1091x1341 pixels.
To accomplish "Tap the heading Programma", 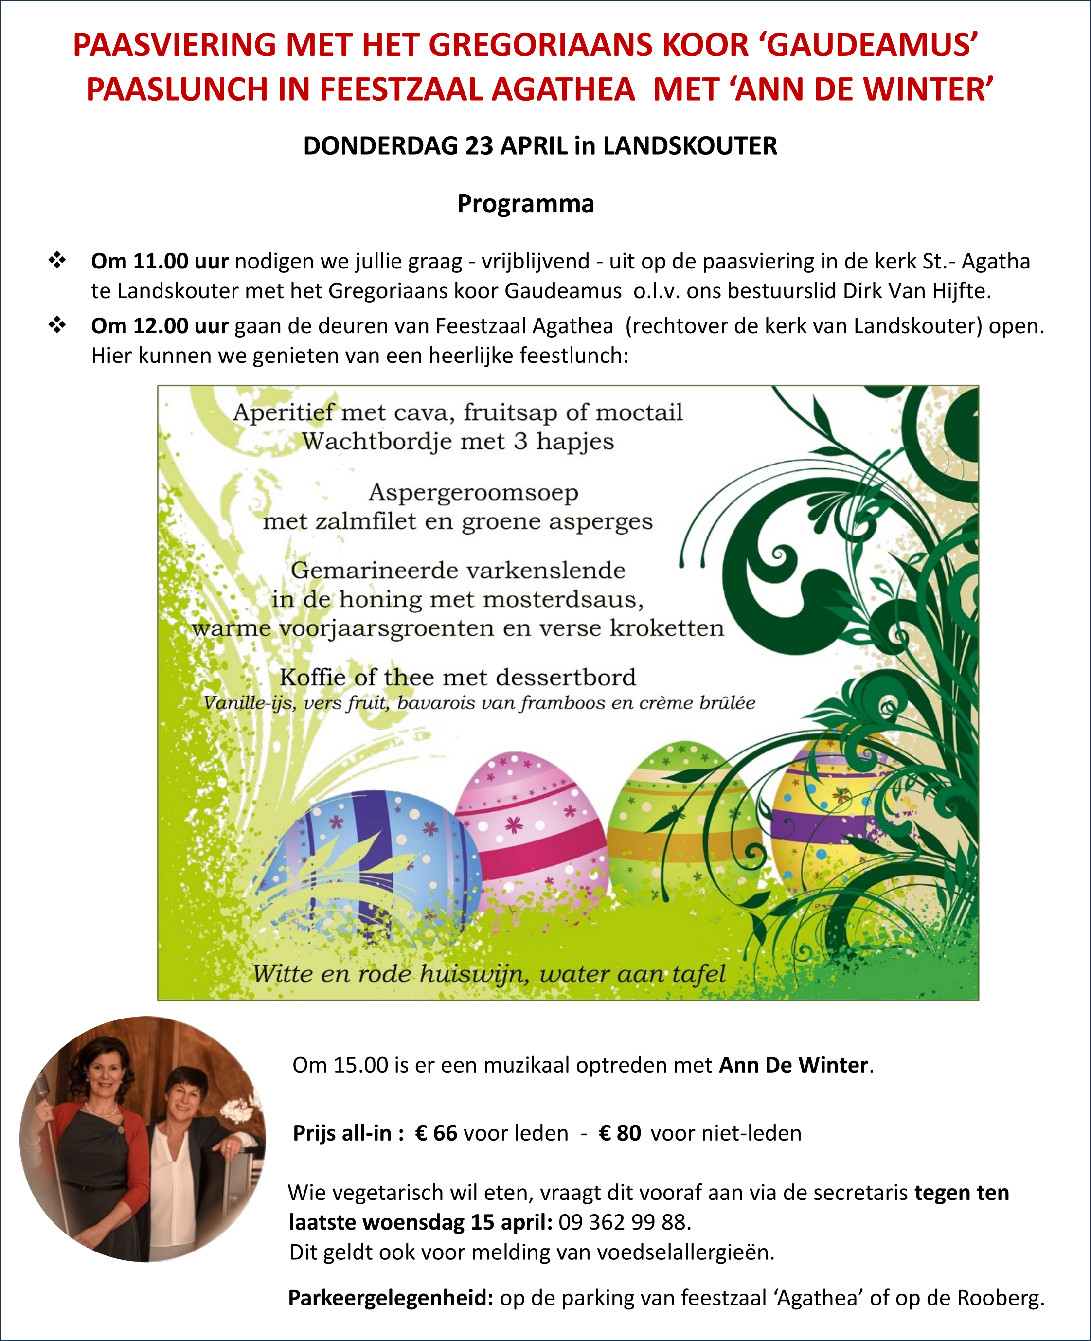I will [525, 204].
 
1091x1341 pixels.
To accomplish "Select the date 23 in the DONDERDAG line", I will [479, 146].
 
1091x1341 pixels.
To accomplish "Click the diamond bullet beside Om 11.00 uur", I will [57, 260].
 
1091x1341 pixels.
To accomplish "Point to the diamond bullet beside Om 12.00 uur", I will [57, 325].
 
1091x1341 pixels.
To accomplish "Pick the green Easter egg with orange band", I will [679, 817].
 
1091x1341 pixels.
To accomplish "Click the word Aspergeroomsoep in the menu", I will [473, 493].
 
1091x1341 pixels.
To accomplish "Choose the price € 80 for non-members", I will [620, 1133].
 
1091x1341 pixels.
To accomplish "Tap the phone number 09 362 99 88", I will [624, 1222].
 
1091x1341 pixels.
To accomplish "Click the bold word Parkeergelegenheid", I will [390, 1297].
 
